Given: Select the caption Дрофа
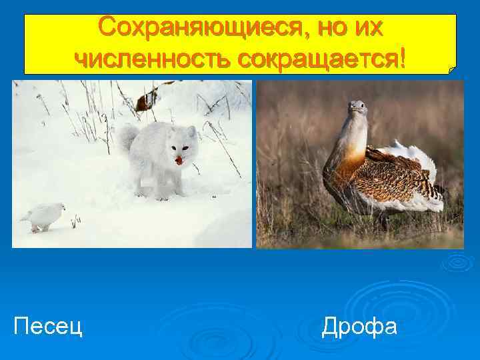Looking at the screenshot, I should pos(359,326).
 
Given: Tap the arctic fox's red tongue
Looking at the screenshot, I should pos(179,161).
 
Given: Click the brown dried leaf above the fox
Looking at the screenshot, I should pos(145,101).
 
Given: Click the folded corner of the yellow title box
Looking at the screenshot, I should pos(453,69).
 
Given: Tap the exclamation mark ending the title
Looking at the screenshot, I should pos(399,58).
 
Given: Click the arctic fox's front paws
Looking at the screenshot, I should pos(161,193).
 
